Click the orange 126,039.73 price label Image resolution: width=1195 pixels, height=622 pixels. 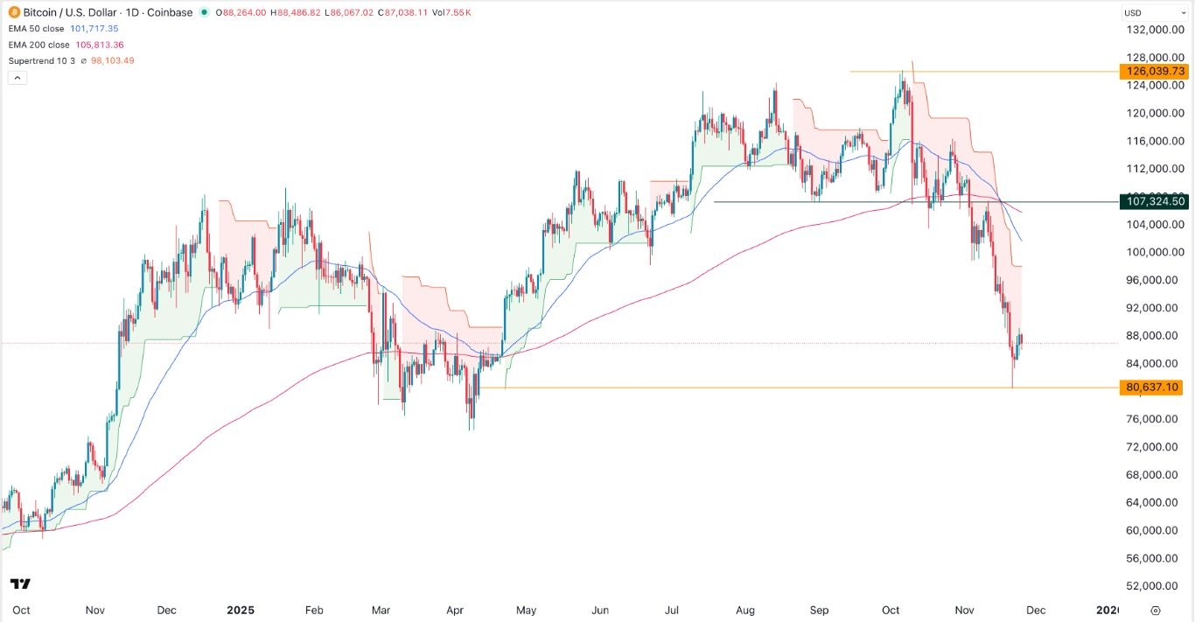click(x=1153, y=71)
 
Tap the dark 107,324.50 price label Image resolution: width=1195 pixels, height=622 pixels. click(x=1153, y=201)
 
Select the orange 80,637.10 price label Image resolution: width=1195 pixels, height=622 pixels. click(x=1153, y=387)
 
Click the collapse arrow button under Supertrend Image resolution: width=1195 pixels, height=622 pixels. click(x=16, y=77)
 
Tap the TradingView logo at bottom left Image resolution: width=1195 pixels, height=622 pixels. click(x=20, y=584)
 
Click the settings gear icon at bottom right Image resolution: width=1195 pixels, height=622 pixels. click(x=1156, y=610)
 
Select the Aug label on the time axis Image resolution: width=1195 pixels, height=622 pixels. click(x=745, y=610)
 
